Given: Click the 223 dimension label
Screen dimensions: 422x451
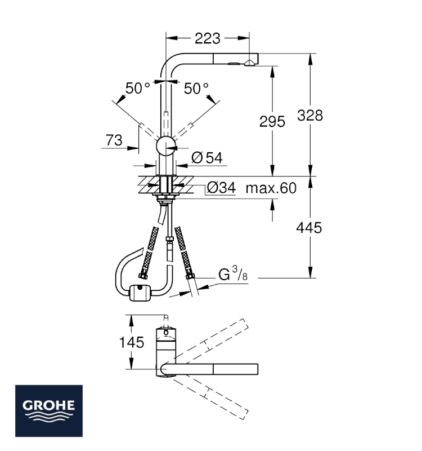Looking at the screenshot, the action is point(207,38).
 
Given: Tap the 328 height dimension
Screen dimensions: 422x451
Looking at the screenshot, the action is point(310,116).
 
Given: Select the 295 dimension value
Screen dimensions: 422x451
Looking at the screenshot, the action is point(272,121).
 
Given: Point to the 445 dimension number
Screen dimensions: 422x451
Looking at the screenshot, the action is point(309,228).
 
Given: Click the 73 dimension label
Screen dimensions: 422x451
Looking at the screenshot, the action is point(114,140).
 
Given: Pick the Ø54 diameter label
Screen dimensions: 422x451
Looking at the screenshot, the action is point(207,158).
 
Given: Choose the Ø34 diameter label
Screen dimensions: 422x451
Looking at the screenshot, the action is point(221,188).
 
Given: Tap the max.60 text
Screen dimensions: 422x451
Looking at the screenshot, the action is point(271,188).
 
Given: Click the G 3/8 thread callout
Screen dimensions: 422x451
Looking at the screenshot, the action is point(233,273).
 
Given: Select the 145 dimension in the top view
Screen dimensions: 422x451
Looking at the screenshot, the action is point(132,342).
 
